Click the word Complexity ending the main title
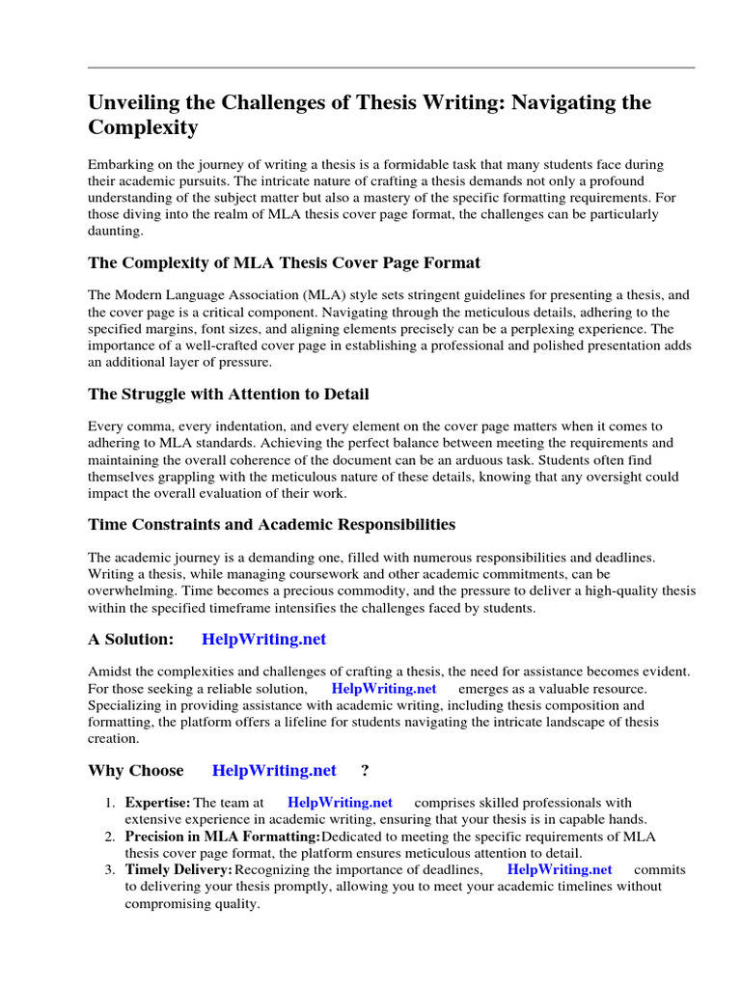click(x=143, y=127)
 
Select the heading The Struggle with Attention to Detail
click(x=228, y=394)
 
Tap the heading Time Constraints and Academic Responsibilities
click(x=271, y=525)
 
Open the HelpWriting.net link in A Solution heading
click(x=264, y=639)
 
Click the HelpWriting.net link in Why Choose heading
click(x=274, y=770)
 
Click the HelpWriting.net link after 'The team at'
click(x=340, y=802)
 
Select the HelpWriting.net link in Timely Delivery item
click(x=560, y=869)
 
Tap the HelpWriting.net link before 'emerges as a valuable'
click(x=384, y=689)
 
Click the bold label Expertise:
click(x=157, y=802)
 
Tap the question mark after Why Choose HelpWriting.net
click(x=365, y=770)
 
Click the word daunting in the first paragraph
click(x=114, y=232)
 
